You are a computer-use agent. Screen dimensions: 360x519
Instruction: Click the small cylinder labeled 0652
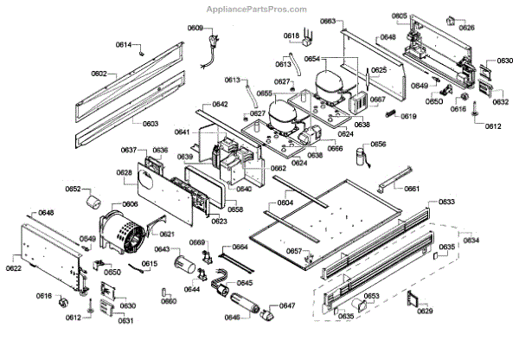[x=92, y=202]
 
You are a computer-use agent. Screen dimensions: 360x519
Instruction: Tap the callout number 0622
[x=14, y=268]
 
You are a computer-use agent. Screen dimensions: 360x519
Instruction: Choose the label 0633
[x=446, y=202]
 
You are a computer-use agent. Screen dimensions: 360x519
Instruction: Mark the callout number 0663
[x=328, y=21]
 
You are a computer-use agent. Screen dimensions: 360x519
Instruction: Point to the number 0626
[x=467, y=28]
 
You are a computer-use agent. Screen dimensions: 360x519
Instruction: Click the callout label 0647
[x=287, y=305]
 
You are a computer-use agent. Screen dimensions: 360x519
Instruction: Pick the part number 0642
[x=221, y=104]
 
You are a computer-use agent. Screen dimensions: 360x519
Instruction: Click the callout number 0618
[x=292, y=35]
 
